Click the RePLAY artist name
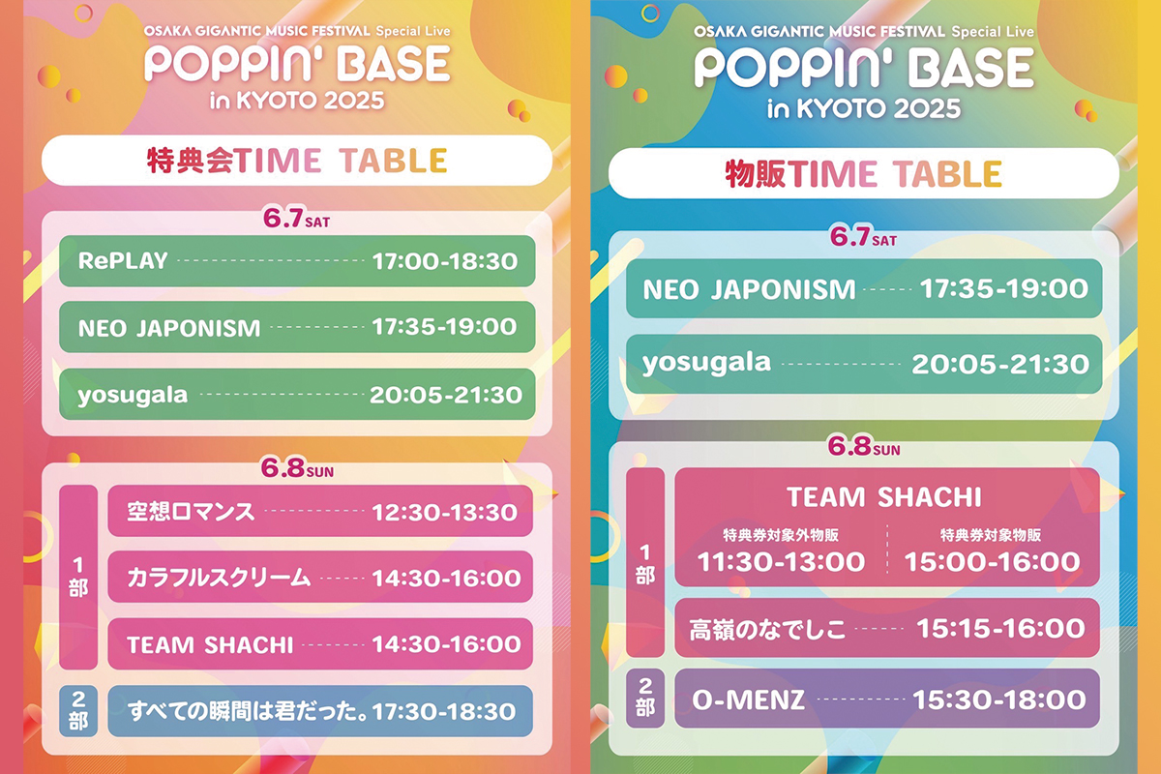click(x=123, y=261)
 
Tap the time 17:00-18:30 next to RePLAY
click(x=445, y=261)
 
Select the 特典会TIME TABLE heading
click(x=297, y=161)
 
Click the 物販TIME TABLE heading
click(x=863, y=174)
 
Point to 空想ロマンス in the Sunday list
click(x=192, y=512)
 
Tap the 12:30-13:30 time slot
click(x=445, y=513)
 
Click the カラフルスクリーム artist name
click(x=219, y=578)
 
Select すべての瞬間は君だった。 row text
click(x=249, y=711)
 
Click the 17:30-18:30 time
click(x=444, y=712)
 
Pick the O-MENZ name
click(x=749, y=700)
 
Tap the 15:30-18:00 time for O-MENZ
click(x=998, y=700)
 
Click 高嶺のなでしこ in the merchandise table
click(x=767, y=630)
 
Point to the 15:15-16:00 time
click(x=1000, y=629)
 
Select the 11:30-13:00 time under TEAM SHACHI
click(x=781, y=562)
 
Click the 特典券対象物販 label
click(x=991, y=534)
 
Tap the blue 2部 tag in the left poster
click(x=78, y=711)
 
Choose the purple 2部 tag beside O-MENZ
click(x=645, y=698)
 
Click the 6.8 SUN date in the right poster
click(x=863, y=446)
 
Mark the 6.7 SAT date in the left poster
click(x=296, y=219)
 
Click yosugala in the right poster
click(x=706, y=364)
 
